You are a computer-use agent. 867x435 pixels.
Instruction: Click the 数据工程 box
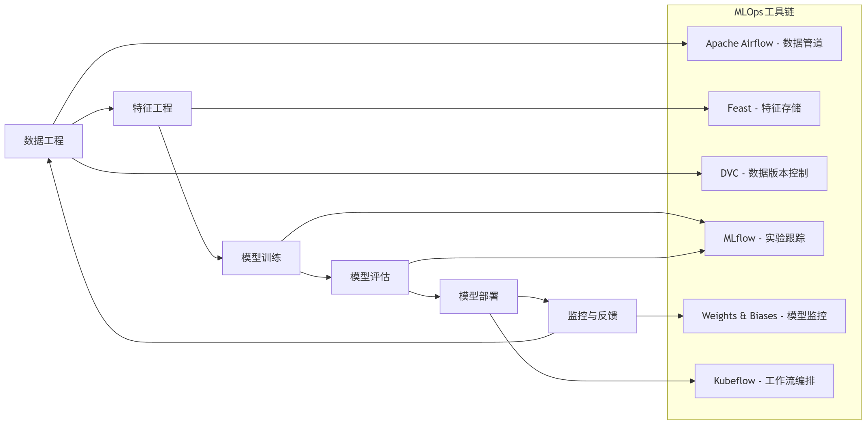click(x=43, y=141)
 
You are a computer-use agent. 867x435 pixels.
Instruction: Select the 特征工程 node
click(x=152, y=108)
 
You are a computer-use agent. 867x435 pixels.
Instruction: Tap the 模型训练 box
click(x=261, y=258)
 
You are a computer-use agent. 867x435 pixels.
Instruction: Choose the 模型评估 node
click(x=370, y=277)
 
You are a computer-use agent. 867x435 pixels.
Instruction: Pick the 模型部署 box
click(x=478, y=296)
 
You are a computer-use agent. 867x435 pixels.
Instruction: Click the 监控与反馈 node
click(x=592, y=316)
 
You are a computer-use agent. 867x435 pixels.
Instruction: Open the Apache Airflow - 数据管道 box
click(x=764, y=44)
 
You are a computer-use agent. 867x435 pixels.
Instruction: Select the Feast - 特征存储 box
click(x=764, y=108)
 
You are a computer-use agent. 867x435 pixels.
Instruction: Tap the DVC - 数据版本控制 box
click(x=764, y=173)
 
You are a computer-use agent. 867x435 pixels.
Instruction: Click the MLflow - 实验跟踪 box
click(x=764, y=238)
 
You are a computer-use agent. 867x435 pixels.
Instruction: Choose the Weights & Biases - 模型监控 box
click(x=764, y=316)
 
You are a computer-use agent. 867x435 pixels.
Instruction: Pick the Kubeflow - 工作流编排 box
click(x=764, y=381)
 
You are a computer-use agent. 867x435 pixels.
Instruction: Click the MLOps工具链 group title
click(x=764, y=12)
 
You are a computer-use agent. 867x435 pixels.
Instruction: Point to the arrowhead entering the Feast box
click(x=706, y=109)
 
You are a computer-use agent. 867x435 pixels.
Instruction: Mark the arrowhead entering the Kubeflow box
click(x=693, y=381)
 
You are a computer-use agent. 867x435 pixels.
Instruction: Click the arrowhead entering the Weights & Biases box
click(x=681, y=316)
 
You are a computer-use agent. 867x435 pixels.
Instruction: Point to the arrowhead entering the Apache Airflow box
click(x=685, y=44)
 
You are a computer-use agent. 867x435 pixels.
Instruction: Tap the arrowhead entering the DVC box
click(x=700, y=174)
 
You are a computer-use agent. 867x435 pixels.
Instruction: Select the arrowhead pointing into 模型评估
click(x=329, y=277)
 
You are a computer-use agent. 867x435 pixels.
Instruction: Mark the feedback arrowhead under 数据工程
click(x=49, y=161)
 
